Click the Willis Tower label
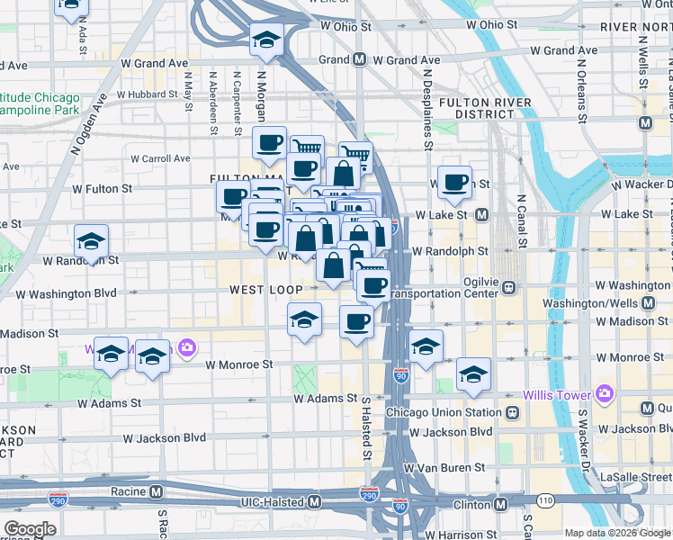557,395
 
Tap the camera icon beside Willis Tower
603,393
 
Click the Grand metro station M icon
359,60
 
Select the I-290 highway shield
369,495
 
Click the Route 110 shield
544,499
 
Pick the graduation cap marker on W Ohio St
266,40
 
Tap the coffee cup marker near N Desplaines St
454,183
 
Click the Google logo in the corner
30,528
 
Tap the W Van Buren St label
444,468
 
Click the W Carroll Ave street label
160,158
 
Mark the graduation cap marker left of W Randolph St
91,242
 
